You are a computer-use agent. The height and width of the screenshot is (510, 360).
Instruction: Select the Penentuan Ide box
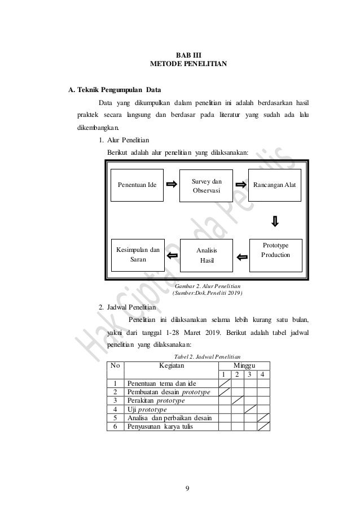point(137,185)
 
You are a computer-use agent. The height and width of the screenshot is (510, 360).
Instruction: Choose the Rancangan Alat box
point(276,185)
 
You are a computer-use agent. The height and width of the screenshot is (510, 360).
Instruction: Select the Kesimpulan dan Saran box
point(138,255)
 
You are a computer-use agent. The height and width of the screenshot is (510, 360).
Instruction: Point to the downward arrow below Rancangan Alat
point(275,220)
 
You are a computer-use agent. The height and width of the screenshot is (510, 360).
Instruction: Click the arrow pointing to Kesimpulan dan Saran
point(173,256)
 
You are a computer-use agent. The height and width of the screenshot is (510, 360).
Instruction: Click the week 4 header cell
point(264,374)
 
